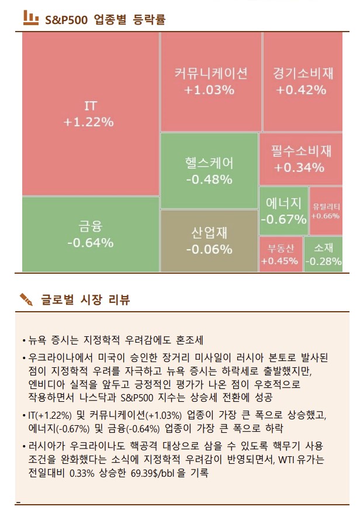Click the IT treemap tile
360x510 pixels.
click(91, 114)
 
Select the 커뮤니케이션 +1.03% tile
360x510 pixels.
click(210, 82)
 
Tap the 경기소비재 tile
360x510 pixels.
click(302, 82)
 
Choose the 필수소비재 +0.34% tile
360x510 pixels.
click(300, 159)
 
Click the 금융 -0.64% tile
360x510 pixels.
click(91, 234)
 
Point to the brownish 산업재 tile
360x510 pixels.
click(209, 240)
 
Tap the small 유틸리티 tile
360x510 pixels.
click(326, 211)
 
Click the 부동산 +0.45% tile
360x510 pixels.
click(280, 254)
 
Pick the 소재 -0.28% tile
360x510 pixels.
click(323, 254)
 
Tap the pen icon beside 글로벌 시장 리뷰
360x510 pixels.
click(26, 300)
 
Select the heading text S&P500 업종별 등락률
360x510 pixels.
click(106, 19)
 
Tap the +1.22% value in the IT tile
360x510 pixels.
click(89, 123)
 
